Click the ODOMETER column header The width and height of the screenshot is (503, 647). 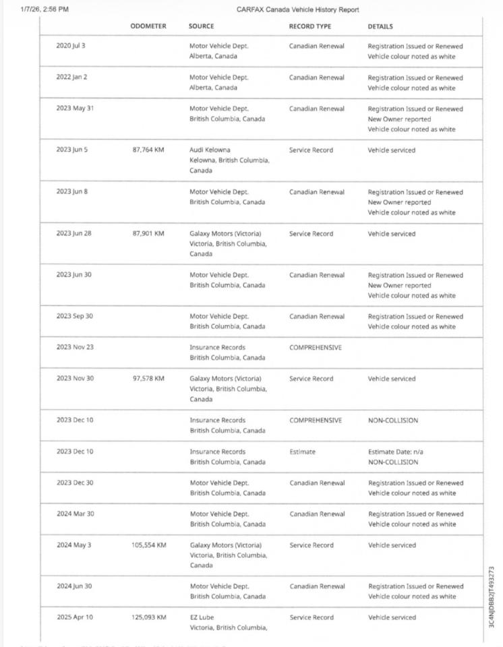(148, 26)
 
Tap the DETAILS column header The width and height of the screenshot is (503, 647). (380, 26)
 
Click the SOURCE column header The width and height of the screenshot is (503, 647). (201, 26)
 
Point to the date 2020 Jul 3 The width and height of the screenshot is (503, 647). (71, 46)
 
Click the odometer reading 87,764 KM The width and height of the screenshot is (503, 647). (148, 150)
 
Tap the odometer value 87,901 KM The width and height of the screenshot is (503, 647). (148, 234)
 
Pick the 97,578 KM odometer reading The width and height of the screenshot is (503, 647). (148, 379)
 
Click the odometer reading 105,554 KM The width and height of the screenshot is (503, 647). (148, 545)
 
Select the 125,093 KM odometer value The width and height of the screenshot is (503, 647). (148, 617)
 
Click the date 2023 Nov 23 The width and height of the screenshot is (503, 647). (75, 348)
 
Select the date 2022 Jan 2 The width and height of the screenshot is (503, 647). (71, 77)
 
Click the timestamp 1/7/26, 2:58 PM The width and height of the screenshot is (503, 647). (45, 9)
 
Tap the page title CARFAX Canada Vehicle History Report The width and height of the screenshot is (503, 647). (298, 9)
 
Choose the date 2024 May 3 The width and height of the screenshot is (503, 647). (73, 545)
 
